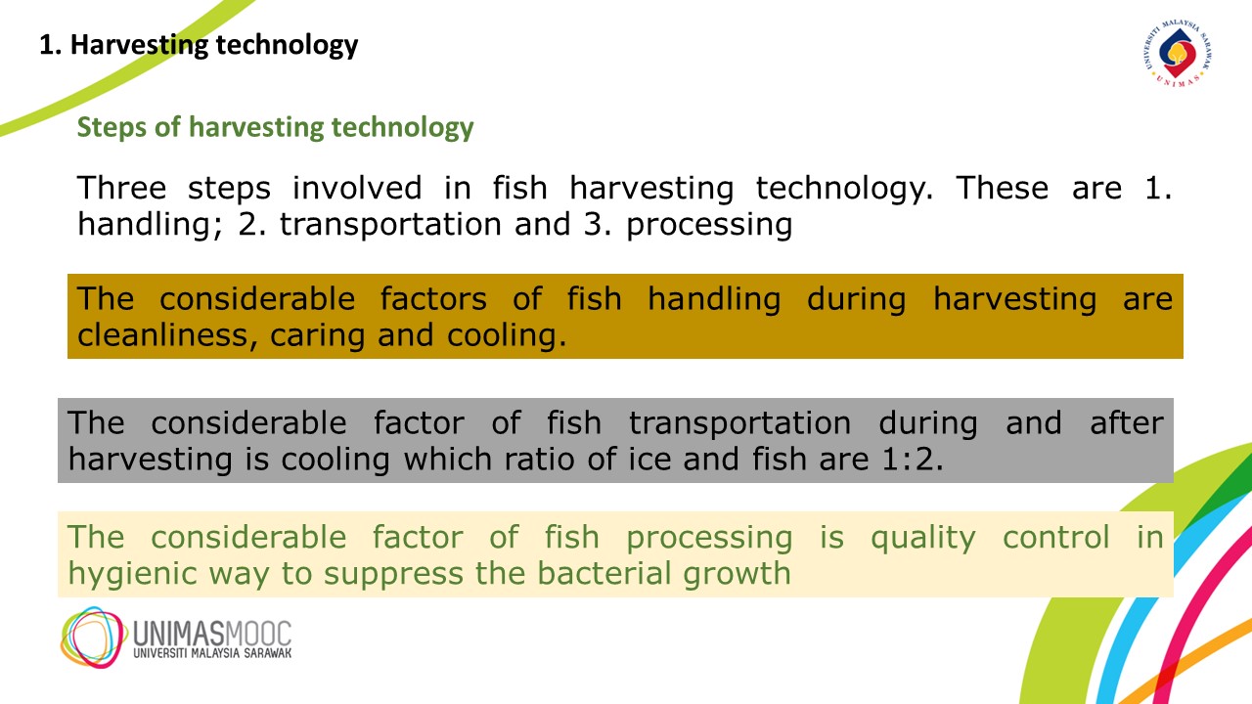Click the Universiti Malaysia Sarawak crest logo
click(x=1178, y=53)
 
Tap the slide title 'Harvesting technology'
click(x=214, y=45)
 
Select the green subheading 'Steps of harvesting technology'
click(x=275, y=127)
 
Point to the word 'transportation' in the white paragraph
click(x=390, y=224)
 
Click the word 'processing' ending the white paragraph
click(x=709, y=225)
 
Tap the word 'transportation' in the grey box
click(x=739, y=422)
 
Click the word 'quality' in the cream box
click(x=922, y=538)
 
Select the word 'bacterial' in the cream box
click(x=604, y=573)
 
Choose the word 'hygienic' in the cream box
click(x=132, y=574)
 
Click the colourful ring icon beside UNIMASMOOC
click(x=93, y=637)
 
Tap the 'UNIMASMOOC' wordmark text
click(x=212, y=634)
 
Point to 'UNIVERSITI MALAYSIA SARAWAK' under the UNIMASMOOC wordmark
click(x=212, y=653)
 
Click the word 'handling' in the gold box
click(x=714, y=299)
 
